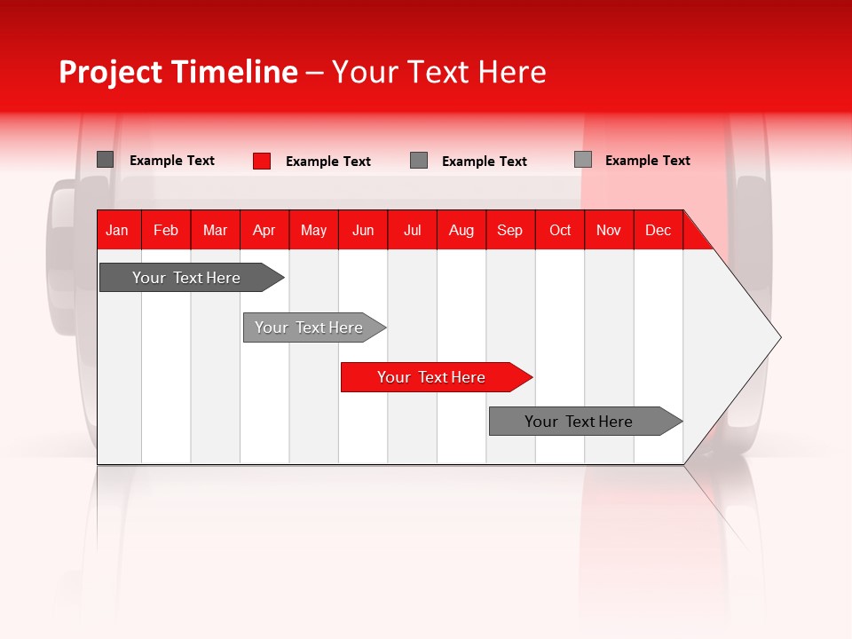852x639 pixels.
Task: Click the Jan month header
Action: tap(117, 230)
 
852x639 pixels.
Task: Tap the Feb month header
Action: tap(166, 230)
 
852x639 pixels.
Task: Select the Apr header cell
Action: tap(264, 230)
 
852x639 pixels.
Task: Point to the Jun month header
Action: tap(363, 230)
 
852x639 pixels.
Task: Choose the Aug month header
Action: tap(461, 230)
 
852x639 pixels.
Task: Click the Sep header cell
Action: tap(510, 230)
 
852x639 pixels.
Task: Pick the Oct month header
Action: tap(560, 230)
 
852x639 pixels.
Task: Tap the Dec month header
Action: tap(659, 230)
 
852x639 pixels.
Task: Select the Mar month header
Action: tap(215, 230)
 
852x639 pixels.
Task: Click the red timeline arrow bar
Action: tap(431, 377)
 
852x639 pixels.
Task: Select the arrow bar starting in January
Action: tap(186, 278)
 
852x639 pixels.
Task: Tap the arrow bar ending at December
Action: tap(579, 422)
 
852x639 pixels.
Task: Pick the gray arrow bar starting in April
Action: tap(309, 327)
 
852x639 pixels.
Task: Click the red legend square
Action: tap(262, 161)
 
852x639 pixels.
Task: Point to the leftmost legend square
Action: tap(106, 160)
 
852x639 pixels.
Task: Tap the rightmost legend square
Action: tap(583, 160)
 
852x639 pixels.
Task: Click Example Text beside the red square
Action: tap(328, 162)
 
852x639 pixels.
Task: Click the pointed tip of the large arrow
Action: tap(778, 336)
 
